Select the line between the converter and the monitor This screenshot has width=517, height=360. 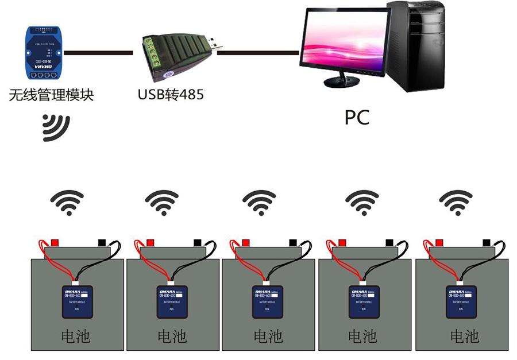pos(258,53)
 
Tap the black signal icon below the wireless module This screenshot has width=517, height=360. pos(56,127)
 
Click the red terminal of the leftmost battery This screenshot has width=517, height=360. pos(56,242)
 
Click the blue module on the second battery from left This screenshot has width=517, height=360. pos(173,301)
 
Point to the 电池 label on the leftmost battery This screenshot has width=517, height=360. pos(77,336)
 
